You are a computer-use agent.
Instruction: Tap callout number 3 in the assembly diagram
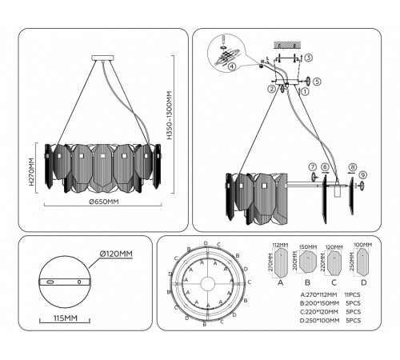click(x=309, y=58)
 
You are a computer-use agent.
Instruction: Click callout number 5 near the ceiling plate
click(x=317, y=82)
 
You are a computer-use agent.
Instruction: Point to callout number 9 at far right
click(x=362, y=175)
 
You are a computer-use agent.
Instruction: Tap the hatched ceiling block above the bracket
click(x=285, y=42)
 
